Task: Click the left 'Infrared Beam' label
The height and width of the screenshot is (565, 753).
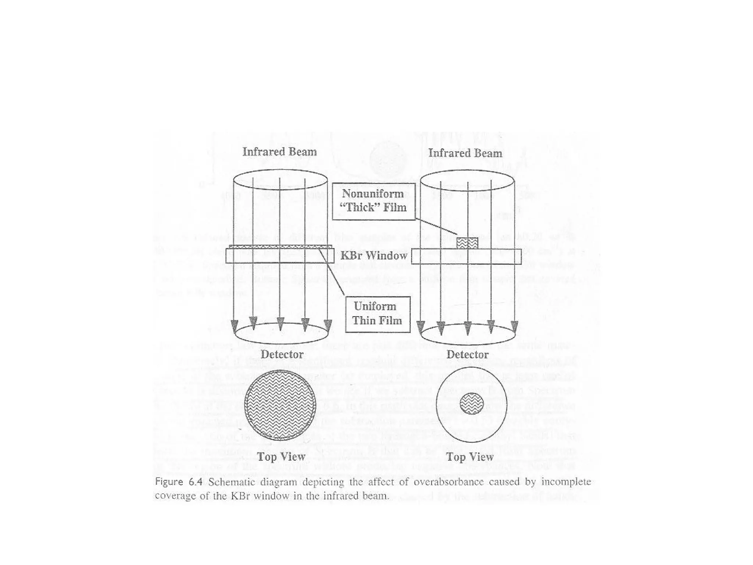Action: pos(279,152)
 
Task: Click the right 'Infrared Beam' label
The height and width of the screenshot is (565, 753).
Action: pos(465,153)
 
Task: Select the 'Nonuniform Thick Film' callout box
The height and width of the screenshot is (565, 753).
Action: pos(374,201)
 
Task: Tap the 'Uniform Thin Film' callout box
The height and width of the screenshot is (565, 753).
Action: pos(378,314)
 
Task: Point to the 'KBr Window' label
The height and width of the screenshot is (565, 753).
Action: pos(374,256)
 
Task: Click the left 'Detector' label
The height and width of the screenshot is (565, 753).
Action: pos(282,354)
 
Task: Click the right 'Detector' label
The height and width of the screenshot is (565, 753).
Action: pos(467,355)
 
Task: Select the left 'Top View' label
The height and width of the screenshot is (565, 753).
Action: pos(281,456)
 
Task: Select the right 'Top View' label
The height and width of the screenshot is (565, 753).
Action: pos(470,457)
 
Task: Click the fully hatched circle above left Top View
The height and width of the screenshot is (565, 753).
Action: pos(280,405)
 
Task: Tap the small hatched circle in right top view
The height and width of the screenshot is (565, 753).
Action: pos(471,403)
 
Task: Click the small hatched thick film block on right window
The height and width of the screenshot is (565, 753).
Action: pos(467,243)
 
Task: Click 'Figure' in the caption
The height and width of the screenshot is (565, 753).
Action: pos(169,482)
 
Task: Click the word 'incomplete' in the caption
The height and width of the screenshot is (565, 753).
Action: pos(566,482)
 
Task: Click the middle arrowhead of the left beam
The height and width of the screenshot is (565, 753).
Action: pos(280,324)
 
